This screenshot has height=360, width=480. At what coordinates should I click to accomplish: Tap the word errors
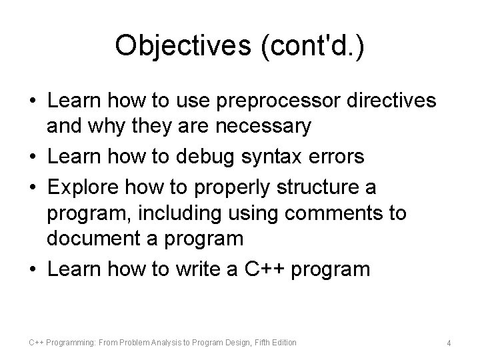click(x=339, y=157)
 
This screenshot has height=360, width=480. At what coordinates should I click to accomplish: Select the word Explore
click(x=83, y=187)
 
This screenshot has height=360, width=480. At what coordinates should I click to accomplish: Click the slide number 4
click(x=449, y=343)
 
